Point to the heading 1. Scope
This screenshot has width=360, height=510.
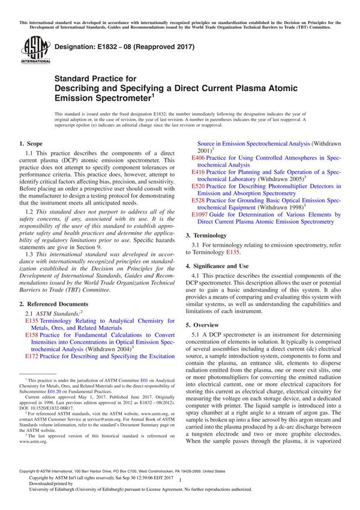(x=31, y=143)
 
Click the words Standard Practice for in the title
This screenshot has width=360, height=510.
(x=96, y=78)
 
